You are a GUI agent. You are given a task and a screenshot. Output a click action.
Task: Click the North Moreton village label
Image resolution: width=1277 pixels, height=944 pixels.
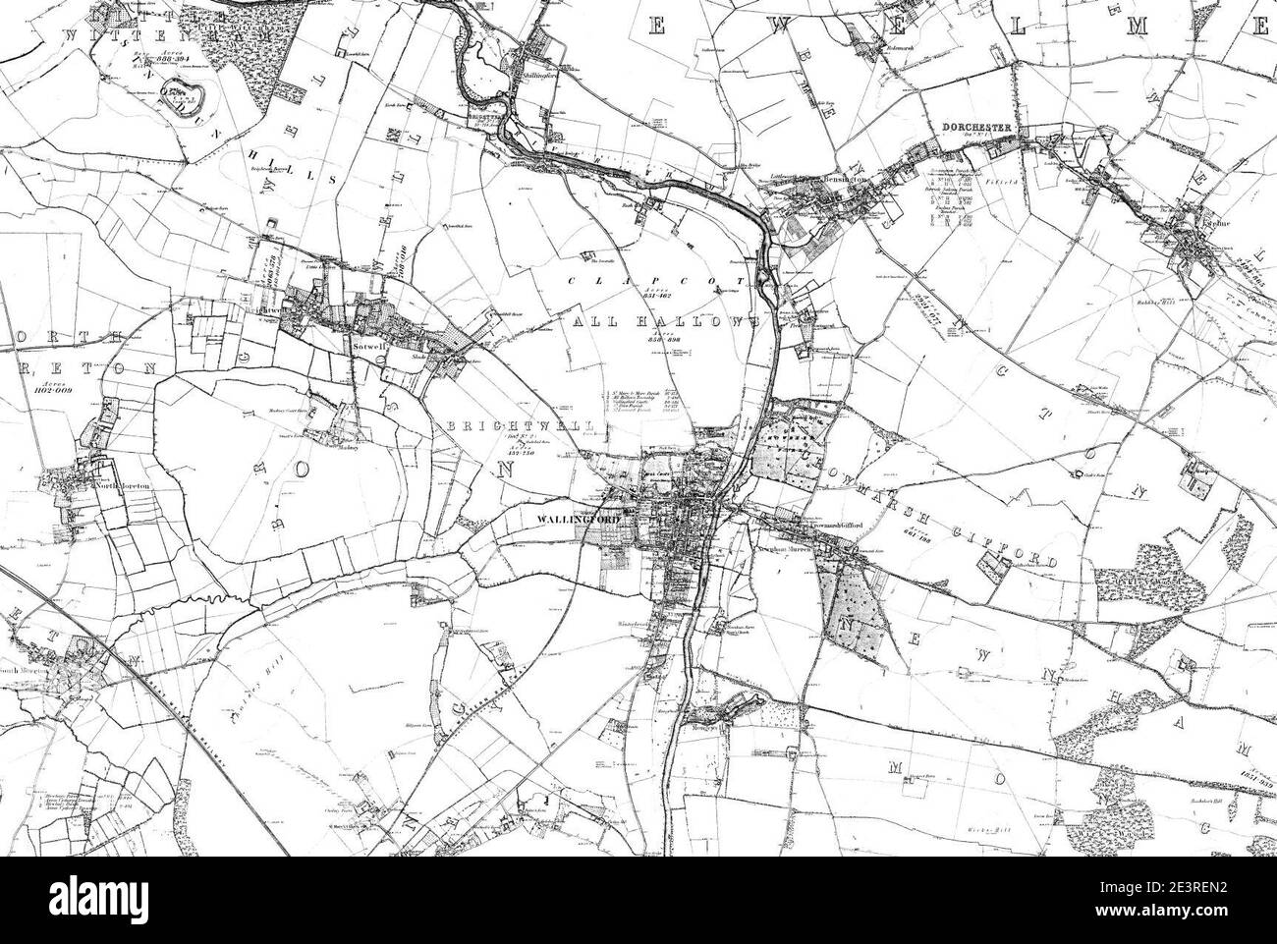116,485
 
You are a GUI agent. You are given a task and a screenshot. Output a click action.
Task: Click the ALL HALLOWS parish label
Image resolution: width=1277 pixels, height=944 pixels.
664,322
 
